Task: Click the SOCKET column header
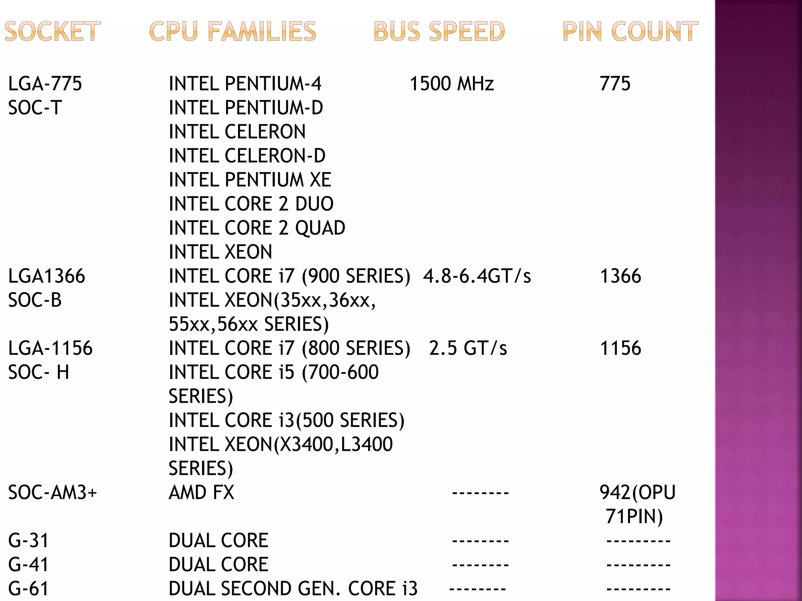click(52, 31)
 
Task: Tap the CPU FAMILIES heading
click(233, 31)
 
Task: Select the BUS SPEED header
click(439, 31)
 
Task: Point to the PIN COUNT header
click(630, 31)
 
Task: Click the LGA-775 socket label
click(45, 84)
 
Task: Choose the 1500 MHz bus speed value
click(452, 84)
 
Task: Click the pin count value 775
click(615, 84)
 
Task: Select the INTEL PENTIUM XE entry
click(250, 180)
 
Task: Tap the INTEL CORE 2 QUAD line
click(257, 228)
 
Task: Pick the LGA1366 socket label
click(47, 276)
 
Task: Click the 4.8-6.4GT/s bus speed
click(477, 276)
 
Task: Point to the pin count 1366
click(620, 276)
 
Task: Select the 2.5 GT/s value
click(468, 348)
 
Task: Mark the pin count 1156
click(620, 348)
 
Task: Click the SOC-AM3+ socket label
click(52, 493)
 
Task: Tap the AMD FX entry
click(201, 493)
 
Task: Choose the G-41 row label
click(28, 565)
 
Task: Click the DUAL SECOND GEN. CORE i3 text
click(293, 588)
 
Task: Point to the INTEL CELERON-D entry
click(247, 156)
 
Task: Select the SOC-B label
click(35, 300)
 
